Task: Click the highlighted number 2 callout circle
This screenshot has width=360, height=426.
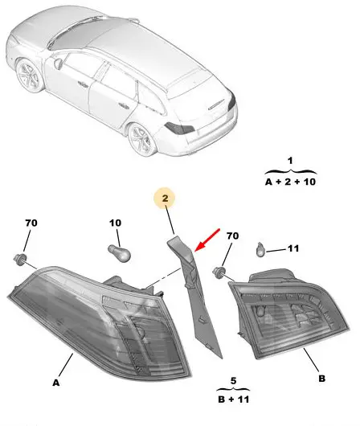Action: (x=165, y=198)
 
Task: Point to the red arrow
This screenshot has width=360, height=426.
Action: (x=207, y=240)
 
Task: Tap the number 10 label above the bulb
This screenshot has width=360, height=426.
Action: (x=115, y=223)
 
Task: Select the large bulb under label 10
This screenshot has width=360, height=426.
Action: (x=120, y=253)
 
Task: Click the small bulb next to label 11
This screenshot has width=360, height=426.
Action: (x=261, y=250)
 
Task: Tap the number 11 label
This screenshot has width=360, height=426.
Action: (x=293, y=248)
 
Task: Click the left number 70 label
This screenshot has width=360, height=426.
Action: (x=31, y=223)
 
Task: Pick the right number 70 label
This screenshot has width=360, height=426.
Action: (x=232, y=236)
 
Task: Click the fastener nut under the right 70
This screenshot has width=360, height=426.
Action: (x=219, y=272)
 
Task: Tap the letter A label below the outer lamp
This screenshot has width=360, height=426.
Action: (x=55, y=383)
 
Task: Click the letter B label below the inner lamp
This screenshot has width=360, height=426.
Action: (x=321, y=379)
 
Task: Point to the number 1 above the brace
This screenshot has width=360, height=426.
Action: (x=290, y=161)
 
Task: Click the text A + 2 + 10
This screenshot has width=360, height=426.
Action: (x=290, y=182)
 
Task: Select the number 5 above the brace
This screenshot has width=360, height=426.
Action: (x=233, y=381)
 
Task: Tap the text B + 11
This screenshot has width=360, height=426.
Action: (x=234, y=399)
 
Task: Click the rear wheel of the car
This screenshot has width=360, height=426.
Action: (x=141, y=140)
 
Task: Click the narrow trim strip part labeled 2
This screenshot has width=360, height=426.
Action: (x=194, y=293)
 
